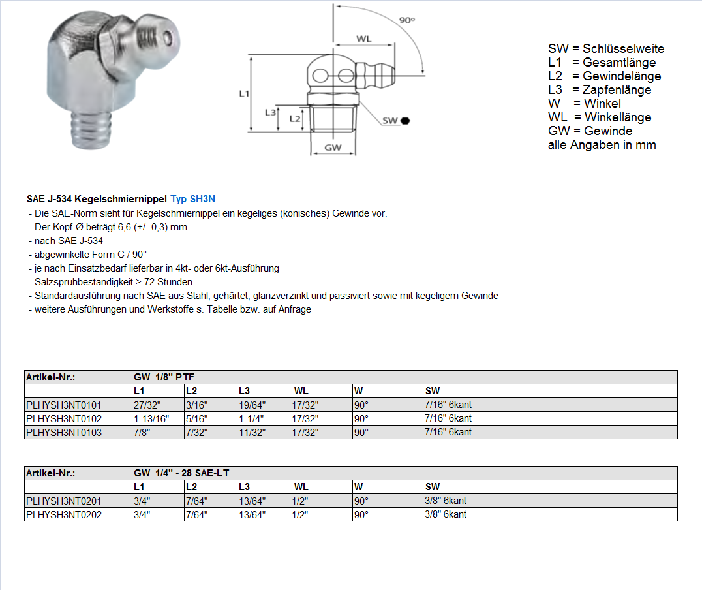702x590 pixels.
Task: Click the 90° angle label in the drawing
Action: click(407, 20)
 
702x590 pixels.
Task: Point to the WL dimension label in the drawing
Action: click(363, 39)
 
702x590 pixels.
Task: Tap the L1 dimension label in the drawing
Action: click(244, 94)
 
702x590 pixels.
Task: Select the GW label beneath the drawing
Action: click(333, 148)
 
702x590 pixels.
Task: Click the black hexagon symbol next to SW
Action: click(405, 121)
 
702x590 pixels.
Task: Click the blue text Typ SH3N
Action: click(192, 198)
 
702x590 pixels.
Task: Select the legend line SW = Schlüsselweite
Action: click(606, 49)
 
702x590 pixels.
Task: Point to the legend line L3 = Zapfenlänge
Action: click(600, 90)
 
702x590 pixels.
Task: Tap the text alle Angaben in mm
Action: click(602, 145)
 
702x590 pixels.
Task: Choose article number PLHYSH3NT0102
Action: click(64, 418)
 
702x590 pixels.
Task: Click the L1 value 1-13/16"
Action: click(151, 418)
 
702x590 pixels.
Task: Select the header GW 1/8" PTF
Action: click(164, 377)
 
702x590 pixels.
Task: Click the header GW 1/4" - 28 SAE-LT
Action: click(181, 473)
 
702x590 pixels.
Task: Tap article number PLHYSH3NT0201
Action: click(64, 501)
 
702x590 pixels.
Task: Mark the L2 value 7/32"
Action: click(196, 432)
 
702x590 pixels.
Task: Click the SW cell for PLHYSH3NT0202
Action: click(446, 514)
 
